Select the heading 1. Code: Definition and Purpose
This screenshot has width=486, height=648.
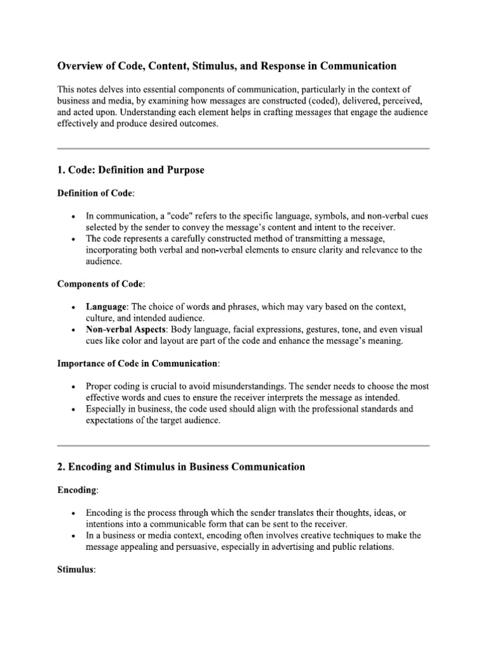tap(131, 171)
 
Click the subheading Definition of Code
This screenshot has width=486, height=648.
tap(96, 192)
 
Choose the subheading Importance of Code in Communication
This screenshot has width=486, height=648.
tap(139, 364)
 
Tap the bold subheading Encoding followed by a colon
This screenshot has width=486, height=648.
tap(78, 489)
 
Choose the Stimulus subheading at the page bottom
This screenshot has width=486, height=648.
tap(76, 570)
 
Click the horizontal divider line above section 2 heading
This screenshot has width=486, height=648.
tap(243, 445)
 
